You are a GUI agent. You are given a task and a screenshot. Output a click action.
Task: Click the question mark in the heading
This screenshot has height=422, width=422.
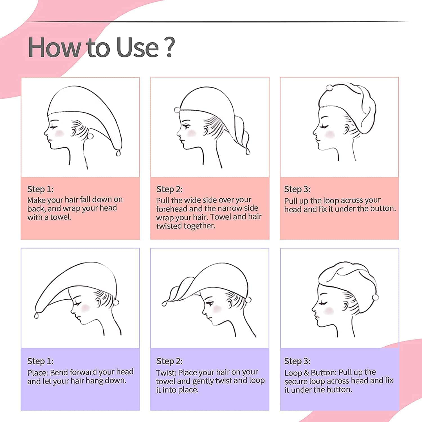(x=169, y=47)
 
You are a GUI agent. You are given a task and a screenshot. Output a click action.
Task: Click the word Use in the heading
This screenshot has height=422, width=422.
(x=138, y=47)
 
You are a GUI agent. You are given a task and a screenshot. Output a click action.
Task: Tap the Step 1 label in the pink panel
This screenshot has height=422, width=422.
(x=40, y=189)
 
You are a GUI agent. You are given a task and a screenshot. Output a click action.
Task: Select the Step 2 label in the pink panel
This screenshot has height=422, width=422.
(x=169, y=189)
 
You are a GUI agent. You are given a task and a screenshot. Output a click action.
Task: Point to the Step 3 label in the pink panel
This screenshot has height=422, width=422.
(x=297, y=189)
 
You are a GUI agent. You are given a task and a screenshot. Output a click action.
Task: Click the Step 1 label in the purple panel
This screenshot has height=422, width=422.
(x=40, y=361)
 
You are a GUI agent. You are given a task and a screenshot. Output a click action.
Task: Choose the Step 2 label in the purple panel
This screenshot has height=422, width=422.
(x=169, y=361)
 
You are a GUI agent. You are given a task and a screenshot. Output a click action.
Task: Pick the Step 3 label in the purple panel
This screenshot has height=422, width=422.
(x=297, y=361)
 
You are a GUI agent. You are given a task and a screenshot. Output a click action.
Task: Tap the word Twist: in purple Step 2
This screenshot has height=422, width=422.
(x=166, y=372)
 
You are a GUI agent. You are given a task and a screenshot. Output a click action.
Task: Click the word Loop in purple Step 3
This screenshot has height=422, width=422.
(x=293, y=373)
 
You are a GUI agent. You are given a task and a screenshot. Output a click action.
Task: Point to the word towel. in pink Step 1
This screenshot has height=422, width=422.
(x=61, y=217)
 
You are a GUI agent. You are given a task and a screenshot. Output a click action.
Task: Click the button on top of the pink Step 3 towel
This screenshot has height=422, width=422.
(x=329, y=88)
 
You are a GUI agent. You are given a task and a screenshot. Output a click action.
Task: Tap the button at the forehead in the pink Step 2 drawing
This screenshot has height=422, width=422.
(x=177, y=110)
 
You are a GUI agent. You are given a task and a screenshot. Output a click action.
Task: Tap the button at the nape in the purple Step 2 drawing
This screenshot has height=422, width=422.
(x=248, y=300)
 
